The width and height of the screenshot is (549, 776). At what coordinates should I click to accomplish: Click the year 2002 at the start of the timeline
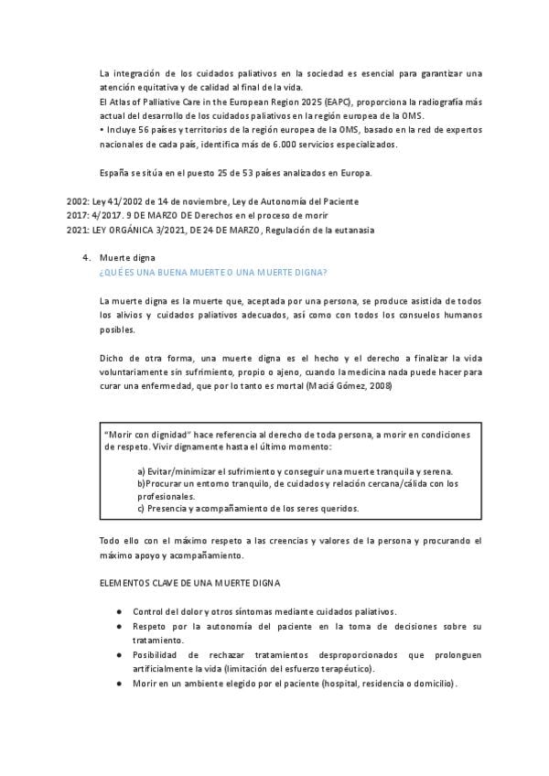[x=78, y=200]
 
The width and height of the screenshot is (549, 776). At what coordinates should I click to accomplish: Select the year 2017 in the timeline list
[x=78, y=215]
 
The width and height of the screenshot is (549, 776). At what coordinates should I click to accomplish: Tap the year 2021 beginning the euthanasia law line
[x=78, y=230]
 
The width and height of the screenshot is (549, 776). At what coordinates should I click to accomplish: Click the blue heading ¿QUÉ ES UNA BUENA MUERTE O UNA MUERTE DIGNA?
[x=214, y=273]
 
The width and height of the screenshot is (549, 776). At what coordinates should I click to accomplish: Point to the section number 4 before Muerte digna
[x=86, y=259]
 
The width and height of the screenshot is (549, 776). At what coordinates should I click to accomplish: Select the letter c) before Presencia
[x=141, y=509]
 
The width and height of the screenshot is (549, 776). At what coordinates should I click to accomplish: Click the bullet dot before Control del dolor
[x=119, y=610]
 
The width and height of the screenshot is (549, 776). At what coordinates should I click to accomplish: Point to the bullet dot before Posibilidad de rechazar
[x=119, y=655]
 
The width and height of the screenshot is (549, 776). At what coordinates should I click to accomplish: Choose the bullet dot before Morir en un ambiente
[x=119, y=683]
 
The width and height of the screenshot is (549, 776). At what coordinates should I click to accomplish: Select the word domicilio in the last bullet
[x=433, y=684]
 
